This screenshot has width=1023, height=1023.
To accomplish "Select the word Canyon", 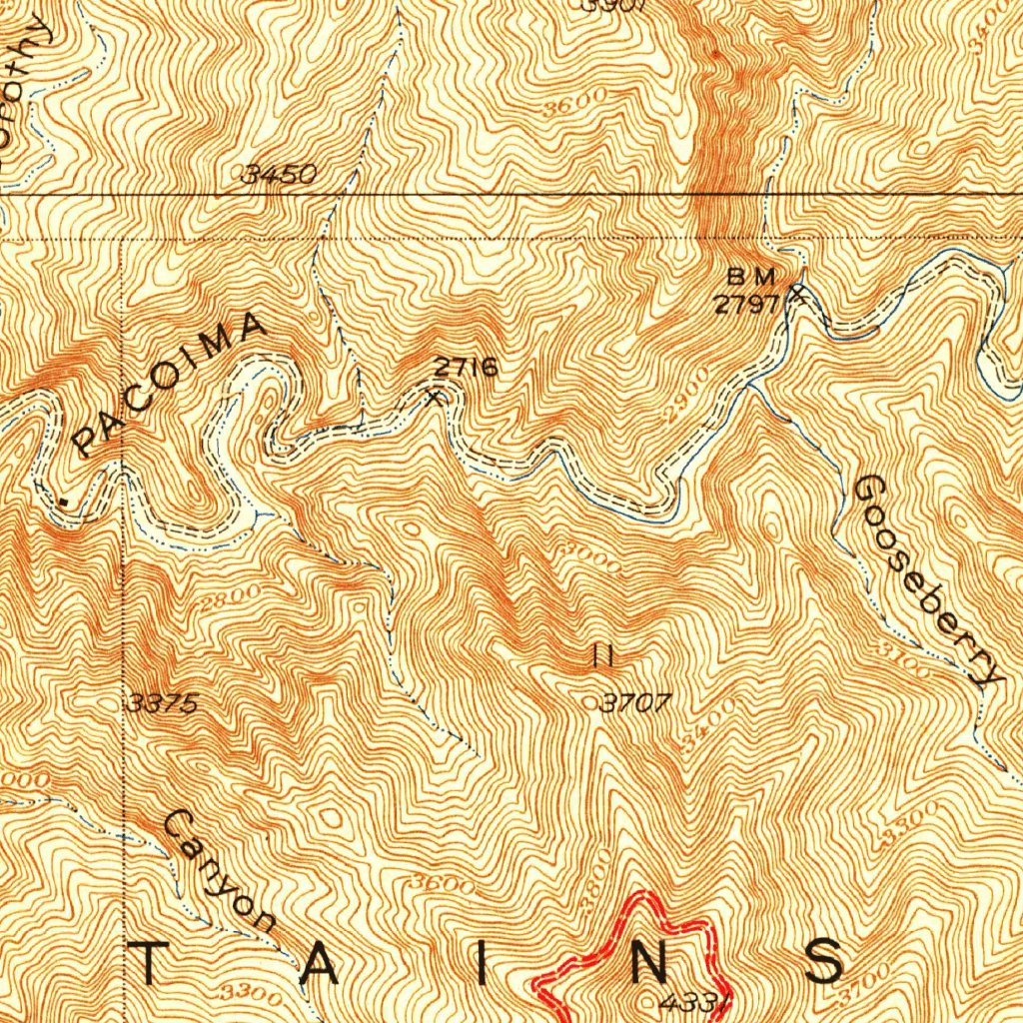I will click(x=219, y=871).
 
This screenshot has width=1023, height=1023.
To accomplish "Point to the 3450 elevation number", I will click(x=281, y=175).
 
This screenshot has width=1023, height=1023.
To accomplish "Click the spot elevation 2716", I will click(x=466, y=367).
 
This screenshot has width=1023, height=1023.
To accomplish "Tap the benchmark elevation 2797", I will click(x=745, y=304).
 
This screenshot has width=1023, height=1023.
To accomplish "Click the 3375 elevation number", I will click(x=163, y=703).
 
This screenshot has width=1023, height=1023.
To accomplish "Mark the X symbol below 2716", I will click(x=434, y=399).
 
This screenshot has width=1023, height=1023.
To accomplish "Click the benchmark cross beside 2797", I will click(x=797, y=293).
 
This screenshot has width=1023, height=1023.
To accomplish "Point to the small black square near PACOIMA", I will click(x=65, y=503).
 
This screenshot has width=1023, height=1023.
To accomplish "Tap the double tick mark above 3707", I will click(x=602, y=656).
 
